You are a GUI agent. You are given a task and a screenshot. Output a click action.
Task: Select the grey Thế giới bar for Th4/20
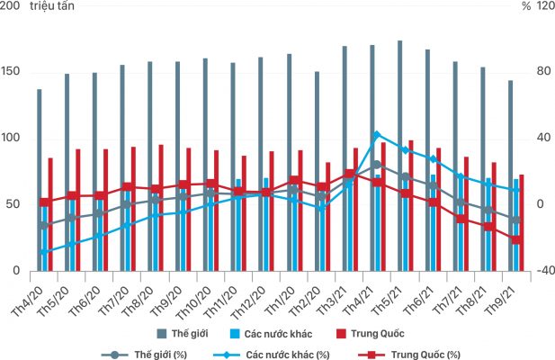pyautogui.click(x=40, y=180)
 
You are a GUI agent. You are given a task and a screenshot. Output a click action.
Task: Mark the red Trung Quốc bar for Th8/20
pyautogui.click(x=161, y=207)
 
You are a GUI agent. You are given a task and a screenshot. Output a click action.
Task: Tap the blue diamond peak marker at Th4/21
pyautogui.click(x=377, y=134)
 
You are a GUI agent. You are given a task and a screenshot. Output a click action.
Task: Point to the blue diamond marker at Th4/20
pyautogui.click(x=44, y=251)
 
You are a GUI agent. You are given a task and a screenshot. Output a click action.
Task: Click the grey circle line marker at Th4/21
pyautogui.click(x=377, y=165)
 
